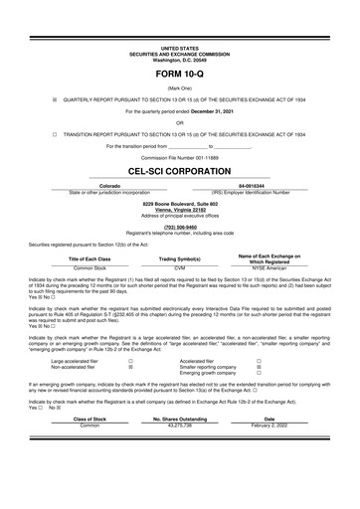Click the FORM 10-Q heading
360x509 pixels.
(179, 75)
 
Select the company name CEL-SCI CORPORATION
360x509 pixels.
(179, 171)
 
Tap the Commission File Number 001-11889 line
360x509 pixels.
(179, 157)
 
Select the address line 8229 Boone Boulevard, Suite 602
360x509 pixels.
(179, 204)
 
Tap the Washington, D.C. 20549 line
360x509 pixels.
(179, 61)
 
